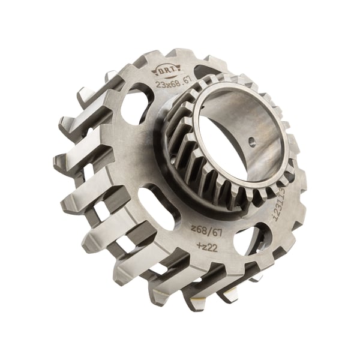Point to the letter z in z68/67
pyautogui.click(x=193, y=228)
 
